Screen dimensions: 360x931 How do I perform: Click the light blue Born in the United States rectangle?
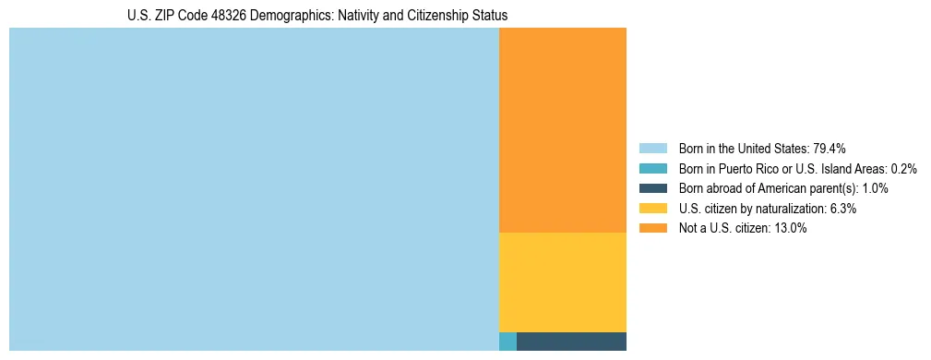(x=254, y=189)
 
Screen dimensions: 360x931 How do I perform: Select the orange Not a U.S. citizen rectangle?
(x=562, y=130)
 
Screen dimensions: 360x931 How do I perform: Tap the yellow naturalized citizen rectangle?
(x=562, y=282)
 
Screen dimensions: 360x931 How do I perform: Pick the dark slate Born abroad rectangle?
(x=571, y=342)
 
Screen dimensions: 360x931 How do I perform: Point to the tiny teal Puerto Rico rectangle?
(x=507, y=342)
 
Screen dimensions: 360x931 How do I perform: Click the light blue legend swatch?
(x=652, y=149)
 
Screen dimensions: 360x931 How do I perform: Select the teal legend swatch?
(x=652, y=169)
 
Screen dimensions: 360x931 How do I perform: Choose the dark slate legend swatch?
(x=652, y=188)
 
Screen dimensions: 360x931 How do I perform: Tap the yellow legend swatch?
(x=652, y=209)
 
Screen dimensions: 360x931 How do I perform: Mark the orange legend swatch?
(x=652, y=229)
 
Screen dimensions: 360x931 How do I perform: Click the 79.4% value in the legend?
(x=829, y=149)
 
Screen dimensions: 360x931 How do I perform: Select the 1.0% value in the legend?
(x=875, y=188)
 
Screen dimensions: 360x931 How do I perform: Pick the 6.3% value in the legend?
(x=842, y=209)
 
